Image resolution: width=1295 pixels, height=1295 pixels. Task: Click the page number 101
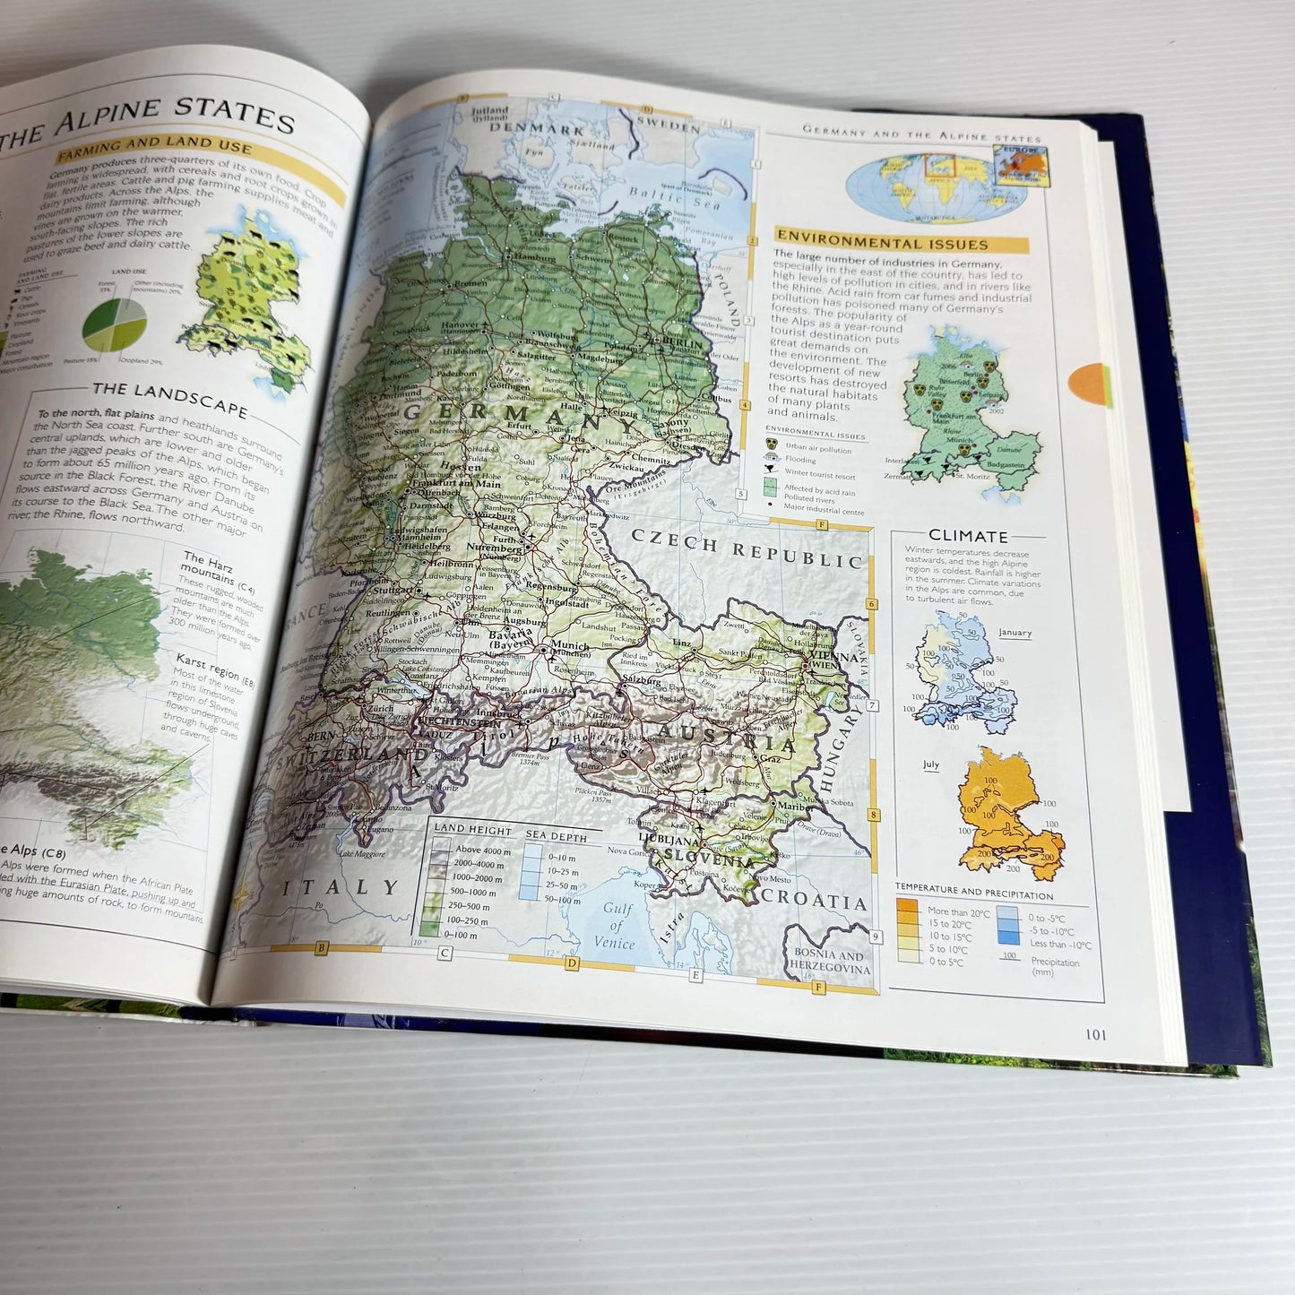coord(1095,1034)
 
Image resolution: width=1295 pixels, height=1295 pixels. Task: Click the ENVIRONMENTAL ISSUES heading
coord(882,243)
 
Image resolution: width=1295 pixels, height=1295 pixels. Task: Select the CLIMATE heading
coord(968,536)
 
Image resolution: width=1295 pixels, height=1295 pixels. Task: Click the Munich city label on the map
coord(569,645)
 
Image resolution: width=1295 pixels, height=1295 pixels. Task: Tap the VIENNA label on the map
coord(832,656)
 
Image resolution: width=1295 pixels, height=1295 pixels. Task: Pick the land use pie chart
coord(114,324)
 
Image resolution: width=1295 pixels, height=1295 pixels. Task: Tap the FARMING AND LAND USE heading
coord(153,144)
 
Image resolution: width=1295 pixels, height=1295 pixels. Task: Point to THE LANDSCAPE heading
coord(169,397)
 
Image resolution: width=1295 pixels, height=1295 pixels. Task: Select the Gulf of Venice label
coord(616,926)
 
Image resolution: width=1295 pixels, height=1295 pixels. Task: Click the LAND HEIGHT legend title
coord(472,829)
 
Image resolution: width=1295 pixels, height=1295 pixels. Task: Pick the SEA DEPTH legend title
coord(556,836)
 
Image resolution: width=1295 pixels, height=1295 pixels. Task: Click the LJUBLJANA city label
coord(669,842)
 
